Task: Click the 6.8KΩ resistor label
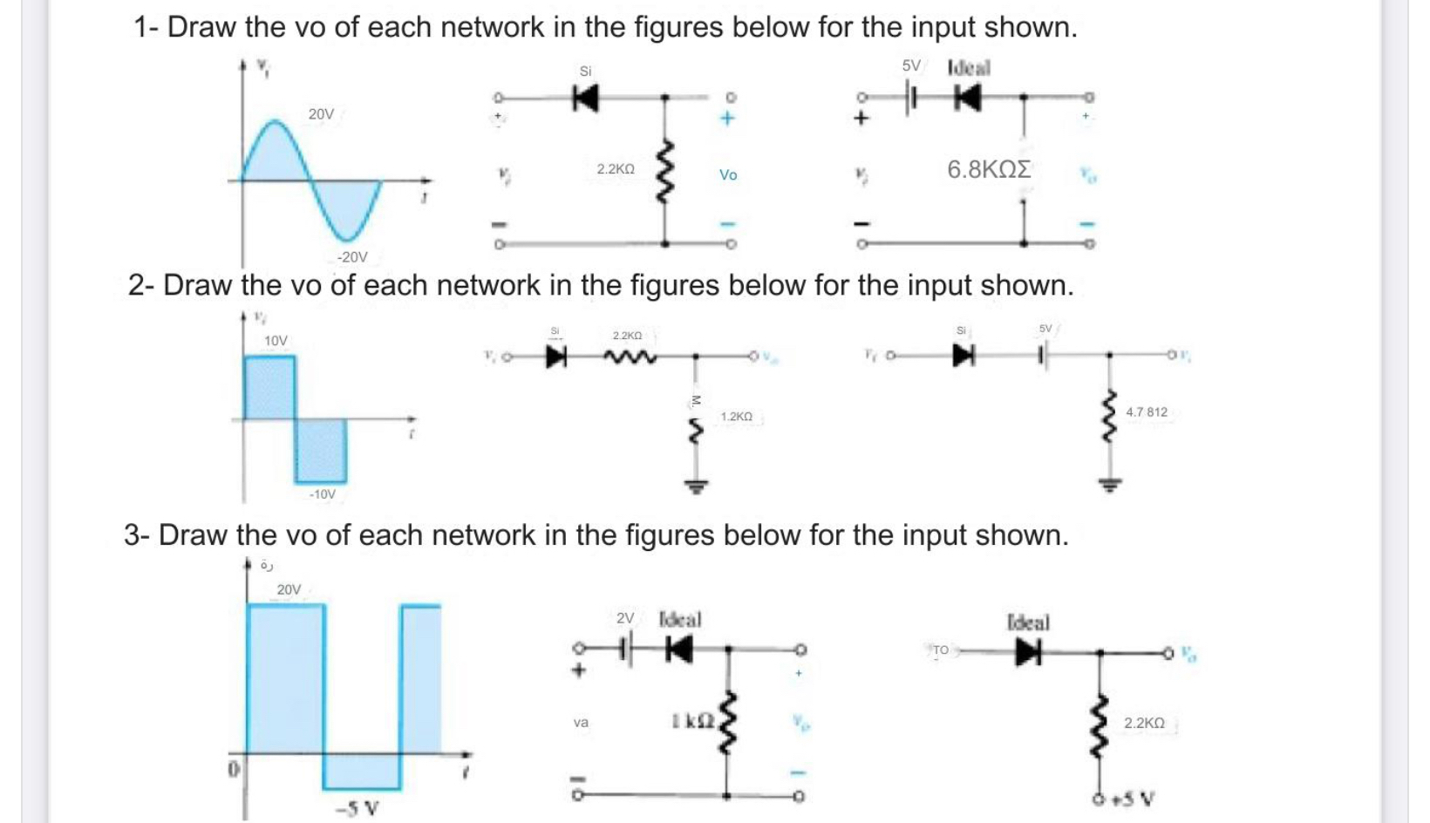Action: [989, 169]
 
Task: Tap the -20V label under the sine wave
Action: [352, 257]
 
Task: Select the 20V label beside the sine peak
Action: [321, 114]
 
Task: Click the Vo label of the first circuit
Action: [728, 175]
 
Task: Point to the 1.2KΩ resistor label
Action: [737, 418]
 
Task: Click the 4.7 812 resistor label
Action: [1147, 411]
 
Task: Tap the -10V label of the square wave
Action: [322, 494]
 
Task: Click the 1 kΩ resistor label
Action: [693, 721]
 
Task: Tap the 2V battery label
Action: [625, 618]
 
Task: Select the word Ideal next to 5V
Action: [969, 67]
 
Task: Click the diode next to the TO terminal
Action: [1027, 652]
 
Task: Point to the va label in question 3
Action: [581, 722]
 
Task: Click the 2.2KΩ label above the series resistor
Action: [627, 336]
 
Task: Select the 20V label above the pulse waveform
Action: [289, 590]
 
